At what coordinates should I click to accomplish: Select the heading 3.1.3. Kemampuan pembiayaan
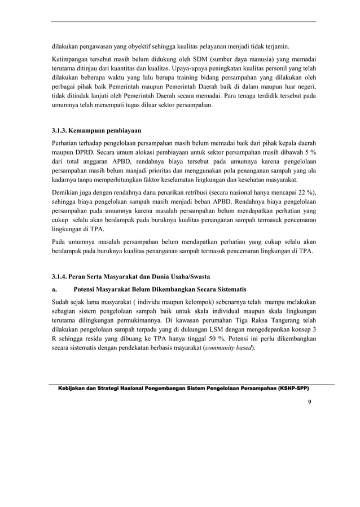(x=96, y=131)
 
